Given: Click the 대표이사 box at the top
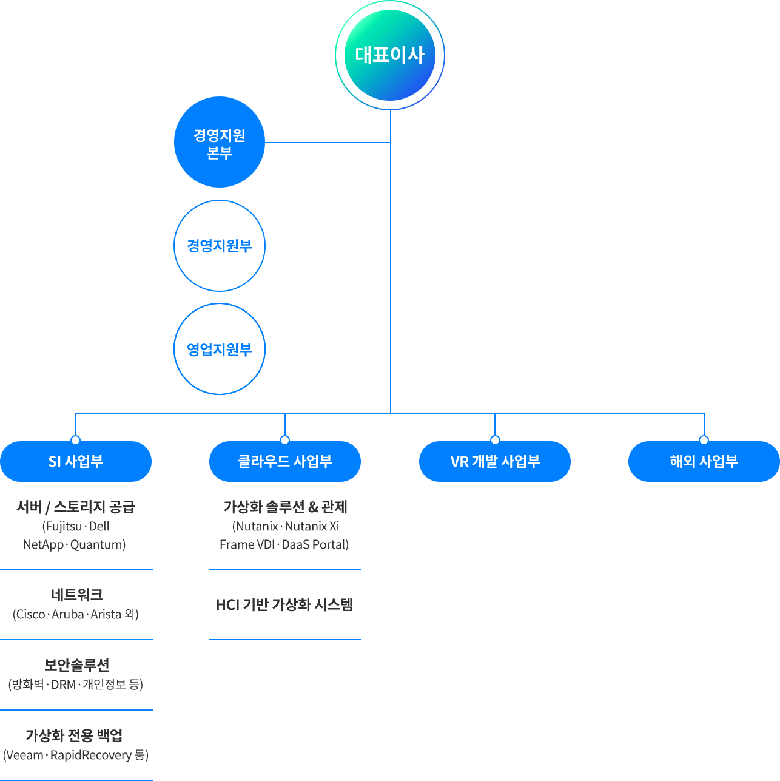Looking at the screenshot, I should point(390,55).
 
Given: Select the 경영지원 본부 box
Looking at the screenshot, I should point(219,143).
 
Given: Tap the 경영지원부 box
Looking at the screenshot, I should point(219,246).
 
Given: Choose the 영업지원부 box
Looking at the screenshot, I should point(219,349).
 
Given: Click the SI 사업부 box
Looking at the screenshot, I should point(76,461).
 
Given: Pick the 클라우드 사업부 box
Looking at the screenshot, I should point(285,461).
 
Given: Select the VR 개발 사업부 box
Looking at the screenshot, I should point(495,461).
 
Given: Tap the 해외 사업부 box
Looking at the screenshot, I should point(704,461).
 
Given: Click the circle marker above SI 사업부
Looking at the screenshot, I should point(75,440).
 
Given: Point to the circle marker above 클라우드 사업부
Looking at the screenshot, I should point(284,440).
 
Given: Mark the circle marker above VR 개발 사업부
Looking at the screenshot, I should point(495,440).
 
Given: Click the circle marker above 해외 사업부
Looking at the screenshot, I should point(704,440).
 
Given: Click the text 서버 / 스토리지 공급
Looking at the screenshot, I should point(75,507).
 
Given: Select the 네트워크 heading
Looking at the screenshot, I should point(76,595).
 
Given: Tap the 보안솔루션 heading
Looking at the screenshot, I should point(76,666).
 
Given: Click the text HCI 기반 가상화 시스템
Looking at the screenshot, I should point(284,604).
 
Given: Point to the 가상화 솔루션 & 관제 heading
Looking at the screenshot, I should point(284,507).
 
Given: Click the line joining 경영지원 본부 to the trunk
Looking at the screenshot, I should point(328,143).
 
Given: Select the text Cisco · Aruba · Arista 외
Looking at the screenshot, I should point(76,614).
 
